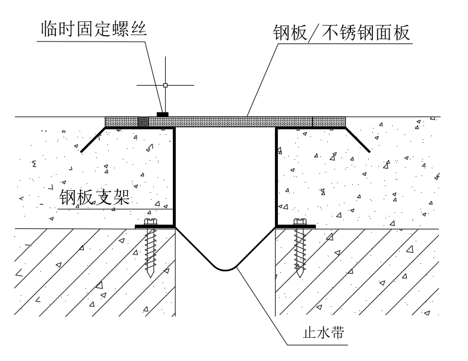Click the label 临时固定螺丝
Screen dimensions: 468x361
94,29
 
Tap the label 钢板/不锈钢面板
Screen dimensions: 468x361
341,32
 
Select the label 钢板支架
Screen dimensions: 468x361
94,197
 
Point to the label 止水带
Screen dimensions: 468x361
324,332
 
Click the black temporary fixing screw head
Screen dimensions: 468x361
163,114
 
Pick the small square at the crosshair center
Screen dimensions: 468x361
165,85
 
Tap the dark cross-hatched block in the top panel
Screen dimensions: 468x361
143,122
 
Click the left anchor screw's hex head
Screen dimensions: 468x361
150,221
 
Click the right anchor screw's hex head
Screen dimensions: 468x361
300,221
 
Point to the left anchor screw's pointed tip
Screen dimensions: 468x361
150,277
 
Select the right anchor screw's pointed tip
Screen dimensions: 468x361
300,277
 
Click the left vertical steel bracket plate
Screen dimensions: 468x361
174,177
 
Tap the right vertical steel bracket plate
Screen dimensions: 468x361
277,177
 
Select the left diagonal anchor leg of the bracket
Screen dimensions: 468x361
93,140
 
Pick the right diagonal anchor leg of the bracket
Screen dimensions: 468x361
358,140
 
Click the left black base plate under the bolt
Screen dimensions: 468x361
154,227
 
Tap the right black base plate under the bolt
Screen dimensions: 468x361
296,227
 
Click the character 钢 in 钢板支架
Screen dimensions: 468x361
68,197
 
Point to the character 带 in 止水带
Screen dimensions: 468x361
338,332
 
